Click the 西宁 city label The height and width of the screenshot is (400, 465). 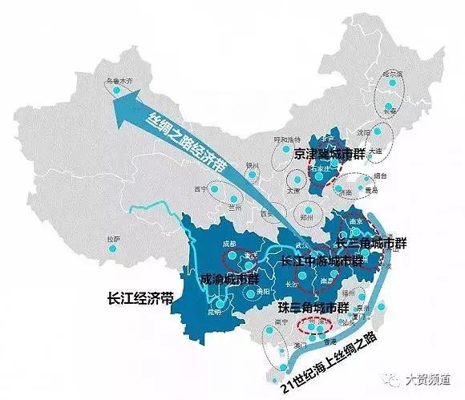[200, 190]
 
